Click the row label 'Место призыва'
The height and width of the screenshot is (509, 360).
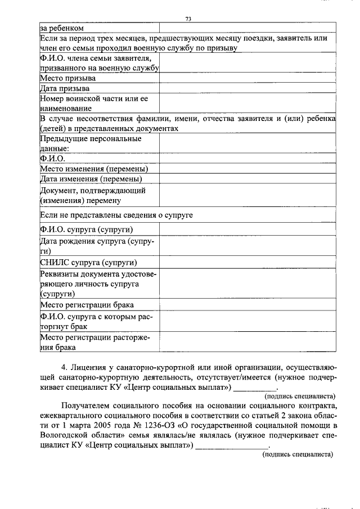[x=68, y=78]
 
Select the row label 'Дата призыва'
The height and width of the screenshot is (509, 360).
[x=65, y=88]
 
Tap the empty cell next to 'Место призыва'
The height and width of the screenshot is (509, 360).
[x=247, y=78]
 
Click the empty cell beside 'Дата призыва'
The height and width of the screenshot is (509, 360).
[x=247, y=88]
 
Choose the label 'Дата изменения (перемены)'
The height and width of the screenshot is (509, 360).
[x=91, y=179]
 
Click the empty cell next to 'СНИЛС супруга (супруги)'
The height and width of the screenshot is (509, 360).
[x=247, y=263]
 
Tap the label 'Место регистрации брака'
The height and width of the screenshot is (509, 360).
[x=87, y=305]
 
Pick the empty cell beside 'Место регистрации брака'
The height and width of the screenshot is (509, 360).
[x=247, y=305]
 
